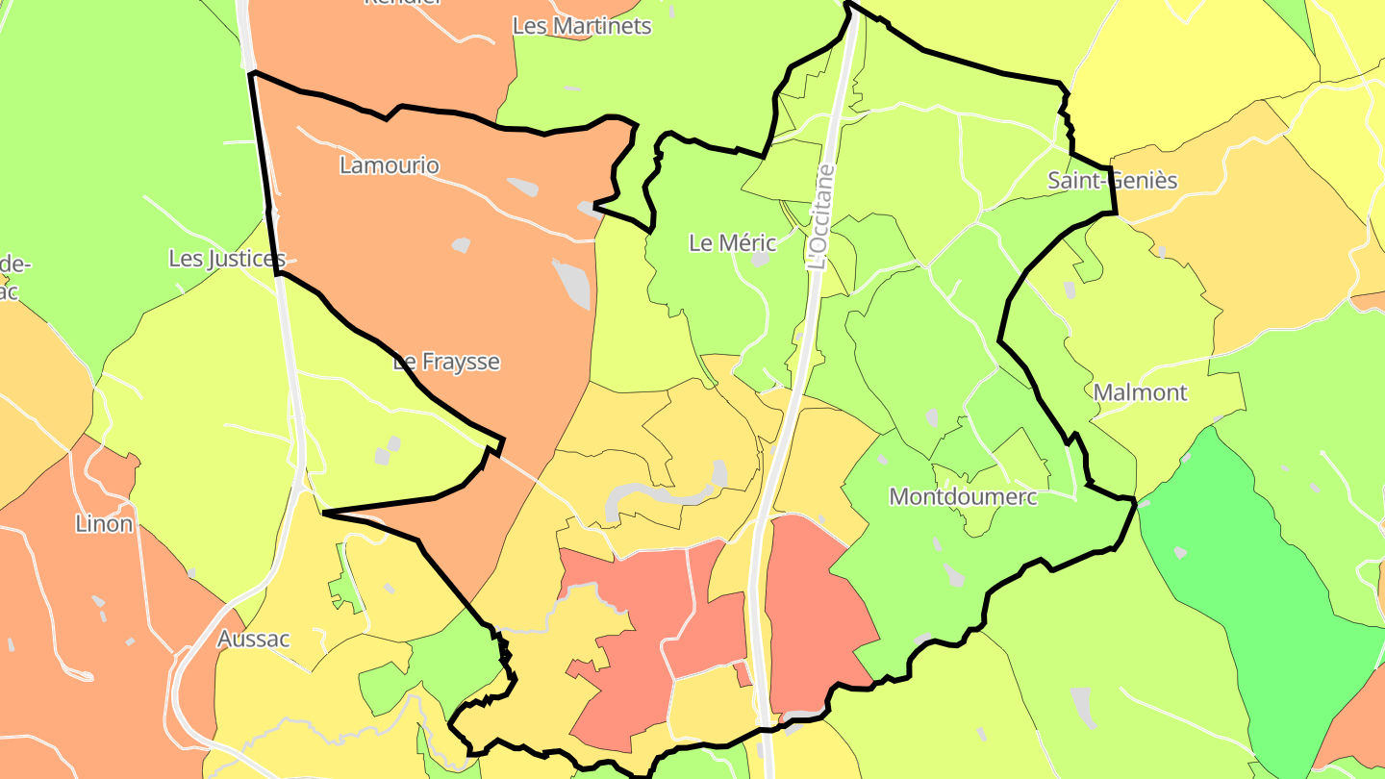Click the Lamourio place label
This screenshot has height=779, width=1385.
(390, 165)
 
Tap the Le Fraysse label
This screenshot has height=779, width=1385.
(447, 362)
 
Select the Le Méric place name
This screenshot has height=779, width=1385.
(732, 243)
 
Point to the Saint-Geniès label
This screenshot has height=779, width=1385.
(1112, 180)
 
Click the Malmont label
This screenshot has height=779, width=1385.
(1140, 392)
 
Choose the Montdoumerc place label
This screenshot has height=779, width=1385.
(963, 497)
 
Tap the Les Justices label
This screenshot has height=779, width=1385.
(227, 259)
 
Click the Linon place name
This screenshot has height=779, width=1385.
(104, 524)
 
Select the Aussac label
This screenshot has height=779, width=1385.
(253, 639)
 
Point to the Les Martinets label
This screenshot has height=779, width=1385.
(582, 26)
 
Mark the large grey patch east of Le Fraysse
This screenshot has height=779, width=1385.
(571, 284)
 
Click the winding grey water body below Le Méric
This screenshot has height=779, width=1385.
(664, 495)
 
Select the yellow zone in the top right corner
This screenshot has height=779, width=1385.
(1183, 58)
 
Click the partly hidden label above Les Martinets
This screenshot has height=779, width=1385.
(402, 3)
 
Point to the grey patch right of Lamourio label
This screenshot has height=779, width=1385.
(523, 186)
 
